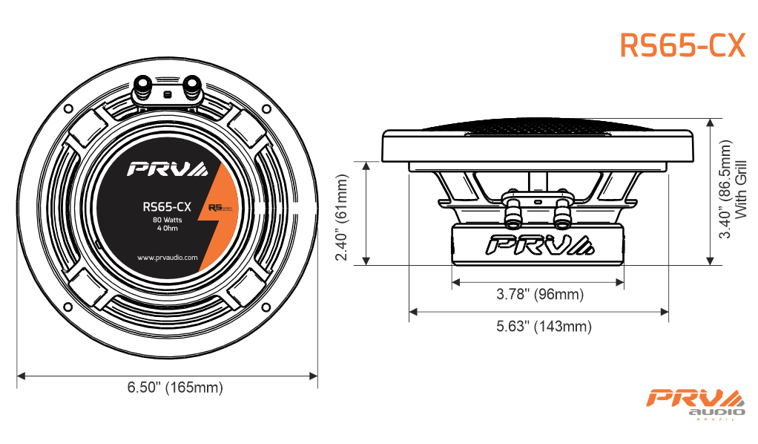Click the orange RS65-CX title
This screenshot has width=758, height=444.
682,45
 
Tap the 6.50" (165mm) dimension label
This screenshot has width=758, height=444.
175,388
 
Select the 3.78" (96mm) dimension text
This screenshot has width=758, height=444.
540,294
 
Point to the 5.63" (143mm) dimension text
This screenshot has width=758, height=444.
544,326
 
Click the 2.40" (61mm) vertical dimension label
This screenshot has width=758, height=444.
342,218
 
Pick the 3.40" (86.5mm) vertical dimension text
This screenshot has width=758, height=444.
725,189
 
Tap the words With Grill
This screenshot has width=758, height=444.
741,189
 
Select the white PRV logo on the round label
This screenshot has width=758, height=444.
168,169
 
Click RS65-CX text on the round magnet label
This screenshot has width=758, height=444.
167,206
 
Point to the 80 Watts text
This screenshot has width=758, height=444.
168,220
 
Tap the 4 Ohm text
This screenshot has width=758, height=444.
168,228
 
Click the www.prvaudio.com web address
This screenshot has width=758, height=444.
168,258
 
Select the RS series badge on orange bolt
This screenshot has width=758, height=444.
220,208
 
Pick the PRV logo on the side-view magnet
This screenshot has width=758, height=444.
539,245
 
